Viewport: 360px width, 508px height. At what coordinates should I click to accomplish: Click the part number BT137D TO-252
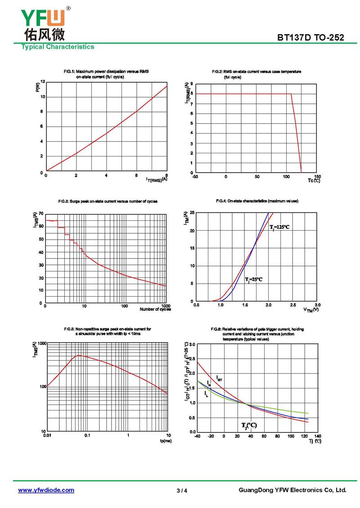point(310,38)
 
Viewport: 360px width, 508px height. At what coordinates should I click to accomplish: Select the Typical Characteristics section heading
point(58,47)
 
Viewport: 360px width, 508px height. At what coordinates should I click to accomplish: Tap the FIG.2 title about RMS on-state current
point(256,72)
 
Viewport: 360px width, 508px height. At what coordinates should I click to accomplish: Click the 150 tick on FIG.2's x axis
point(318,177)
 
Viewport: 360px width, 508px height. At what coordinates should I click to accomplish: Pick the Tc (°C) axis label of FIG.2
point(314,181)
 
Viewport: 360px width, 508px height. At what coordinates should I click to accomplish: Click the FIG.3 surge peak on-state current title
point(108,201)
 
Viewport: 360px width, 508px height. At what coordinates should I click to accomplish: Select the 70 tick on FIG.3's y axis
point(41,214)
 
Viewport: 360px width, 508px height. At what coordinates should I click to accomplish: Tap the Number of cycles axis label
point(155,309)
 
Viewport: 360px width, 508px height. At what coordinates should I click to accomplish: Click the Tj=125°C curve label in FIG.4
point(279,227)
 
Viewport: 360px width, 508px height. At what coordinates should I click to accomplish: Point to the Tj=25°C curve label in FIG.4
point(253,280)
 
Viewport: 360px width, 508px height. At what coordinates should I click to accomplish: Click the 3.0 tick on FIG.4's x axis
point(318,305)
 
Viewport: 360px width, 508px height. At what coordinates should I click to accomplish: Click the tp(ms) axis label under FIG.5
point(165,441)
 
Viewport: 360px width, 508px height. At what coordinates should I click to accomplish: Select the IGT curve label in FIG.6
point(219,379)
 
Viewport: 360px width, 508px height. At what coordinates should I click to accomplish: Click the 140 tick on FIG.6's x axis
point(318,436)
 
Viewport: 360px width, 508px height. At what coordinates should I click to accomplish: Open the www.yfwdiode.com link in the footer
point(46,490)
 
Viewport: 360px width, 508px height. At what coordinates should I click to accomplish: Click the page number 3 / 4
point(182,490)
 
